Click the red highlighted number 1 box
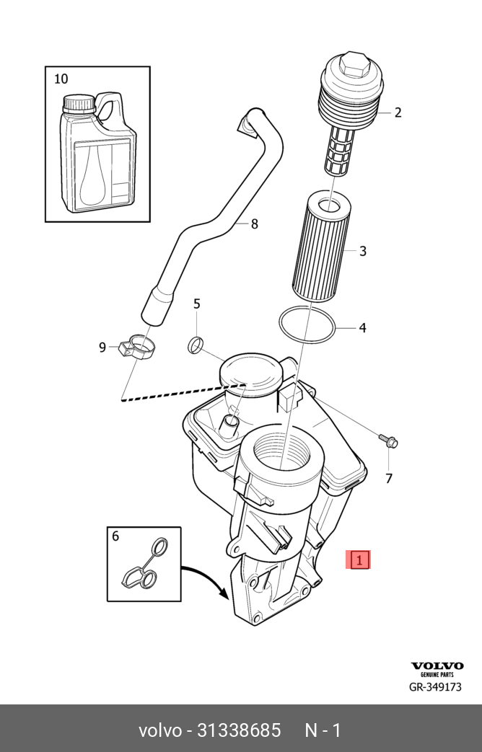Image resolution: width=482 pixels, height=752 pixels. (x=359, y=559)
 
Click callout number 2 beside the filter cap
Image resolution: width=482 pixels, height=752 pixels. (x=398, y=112)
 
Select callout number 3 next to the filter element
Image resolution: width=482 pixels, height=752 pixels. (x=363, y=251)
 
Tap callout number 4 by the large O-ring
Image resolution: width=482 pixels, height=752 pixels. (x=362, y=328)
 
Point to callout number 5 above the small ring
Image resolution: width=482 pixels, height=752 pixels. (x=196, y=304)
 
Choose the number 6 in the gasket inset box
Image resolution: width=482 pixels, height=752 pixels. (x=115, y=536)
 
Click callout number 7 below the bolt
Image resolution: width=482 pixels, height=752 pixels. (x=388, y=478)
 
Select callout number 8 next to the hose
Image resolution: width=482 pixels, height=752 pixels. (x=254, y=224)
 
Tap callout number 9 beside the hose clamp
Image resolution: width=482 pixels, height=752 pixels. (x=102, y=348)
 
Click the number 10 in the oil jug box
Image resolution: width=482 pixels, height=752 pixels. (x=61, y=79)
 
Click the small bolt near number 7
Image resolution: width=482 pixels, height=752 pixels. (x=387, y=440)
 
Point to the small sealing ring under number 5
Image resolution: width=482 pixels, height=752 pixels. (x=196, y=345)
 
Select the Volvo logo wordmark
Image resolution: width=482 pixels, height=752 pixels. (x=437, y=666)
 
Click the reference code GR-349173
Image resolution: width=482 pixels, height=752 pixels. (x=436, y=687)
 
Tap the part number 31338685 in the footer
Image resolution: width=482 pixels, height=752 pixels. (x=239, y=730)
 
